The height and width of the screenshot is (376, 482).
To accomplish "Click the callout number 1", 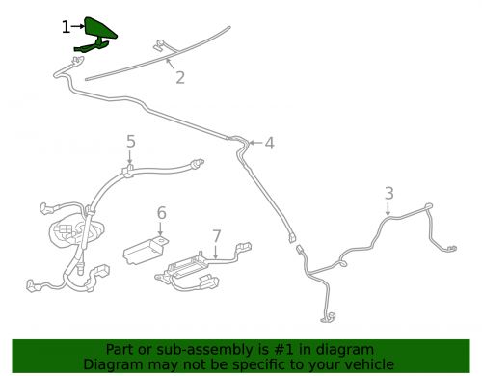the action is pos(66,27).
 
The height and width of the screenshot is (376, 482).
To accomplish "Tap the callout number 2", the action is pos(180,77).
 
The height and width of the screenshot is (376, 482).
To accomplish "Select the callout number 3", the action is pos(389,193).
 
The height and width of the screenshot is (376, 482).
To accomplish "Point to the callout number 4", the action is pos(269,143).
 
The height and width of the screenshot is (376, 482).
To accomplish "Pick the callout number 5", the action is pos(130,141).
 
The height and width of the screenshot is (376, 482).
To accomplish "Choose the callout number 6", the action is pos(162,213).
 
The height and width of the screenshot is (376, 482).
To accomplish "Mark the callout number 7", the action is pos(217,236).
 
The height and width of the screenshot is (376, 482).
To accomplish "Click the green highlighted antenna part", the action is pos(95,35).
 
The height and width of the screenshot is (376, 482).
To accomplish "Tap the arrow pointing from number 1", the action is pos(78,27).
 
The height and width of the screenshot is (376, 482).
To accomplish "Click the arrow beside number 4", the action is pos(256,143).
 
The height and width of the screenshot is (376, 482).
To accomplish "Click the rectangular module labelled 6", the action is pos(145,250).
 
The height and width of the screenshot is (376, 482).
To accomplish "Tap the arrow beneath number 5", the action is pos(129,157).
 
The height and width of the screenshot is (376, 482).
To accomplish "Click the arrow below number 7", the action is pos(216,251).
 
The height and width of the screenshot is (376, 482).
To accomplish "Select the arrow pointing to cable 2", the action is pos(171,64).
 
